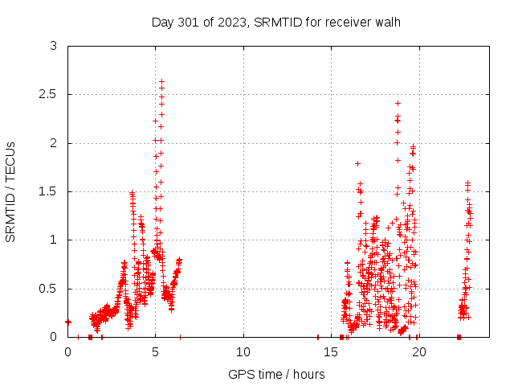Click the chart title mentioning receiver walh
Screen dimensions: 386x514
[275, 22]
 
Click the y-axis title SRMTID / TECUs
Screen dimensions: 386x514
[10, 191]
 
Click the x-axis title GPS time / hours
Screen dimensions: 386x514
[275, 374]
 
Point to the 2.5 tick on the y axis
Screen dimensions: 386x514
[53, 95]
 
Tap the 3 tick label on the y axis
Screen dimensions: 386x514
[53, 47]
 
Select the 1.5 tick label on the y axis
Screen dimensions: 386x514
[53, 191]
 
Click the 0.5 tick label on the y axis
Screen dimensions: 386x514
[53, 289]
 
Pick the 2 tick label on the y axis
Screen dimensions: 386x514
[53, 143]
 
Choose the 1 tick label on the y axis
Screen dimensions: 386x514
[53, 240]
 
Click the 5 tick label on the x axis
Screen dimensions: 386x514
[156, 352]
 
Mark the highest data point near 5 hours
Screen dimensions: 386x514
[161, 81]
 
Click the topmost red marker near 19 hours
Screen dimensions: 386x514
[398, 103]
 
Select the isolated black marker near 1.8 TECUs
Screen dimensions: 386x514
[357, 163]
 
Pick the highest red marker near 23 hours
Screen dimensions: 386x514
[467, 183]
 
